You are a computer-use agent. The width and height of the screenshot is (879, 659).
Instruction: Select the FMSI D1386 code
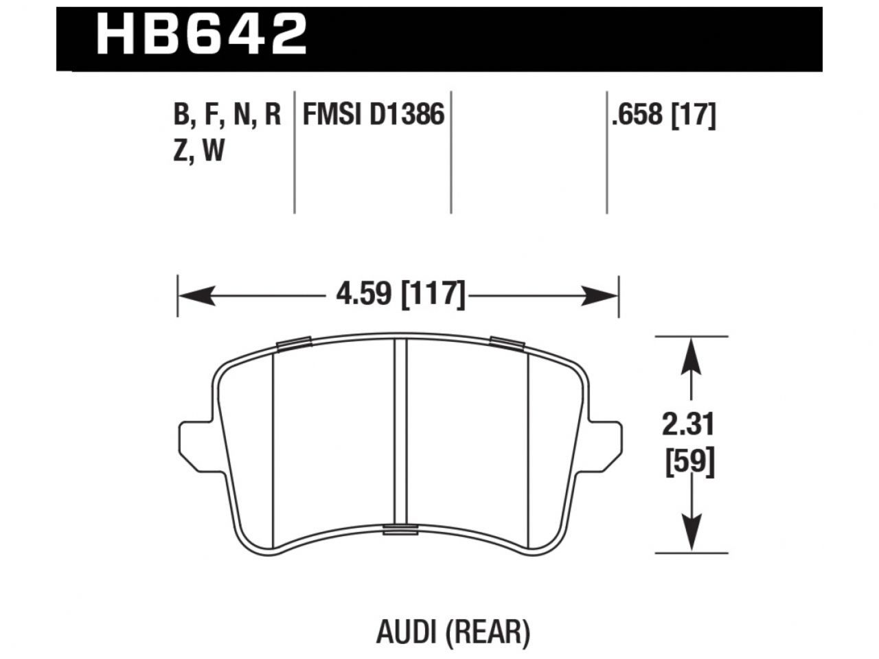coord(374,115)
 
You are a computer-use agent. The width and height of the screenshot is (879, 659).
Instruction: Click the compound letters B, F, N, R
coord(227,115)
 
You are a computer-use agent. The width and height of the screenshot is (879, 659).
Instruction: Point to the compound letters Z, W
coord(199,150)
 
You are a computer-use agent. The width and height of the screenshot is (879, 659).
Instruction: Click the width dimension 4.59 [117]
coord(400,294)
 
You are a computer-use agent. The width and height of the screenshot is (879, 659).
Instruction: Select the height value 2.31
coord(689,426)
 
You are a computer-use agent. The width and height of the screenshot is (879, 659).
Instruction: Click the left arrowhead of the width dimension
coord(192,297)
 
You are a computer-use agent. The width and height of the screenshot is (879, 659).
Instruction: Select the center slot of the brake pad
coord(400,432)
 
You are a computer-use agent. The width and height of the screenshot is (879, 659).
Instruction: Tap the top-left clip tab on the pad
coord(294,343)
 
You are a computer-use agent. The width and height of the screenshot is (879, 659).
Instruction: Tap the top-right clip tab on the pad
coord(507,343)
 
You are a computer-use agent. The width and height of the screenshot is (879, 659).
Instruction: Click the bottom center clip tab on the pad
coord(400,529)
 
